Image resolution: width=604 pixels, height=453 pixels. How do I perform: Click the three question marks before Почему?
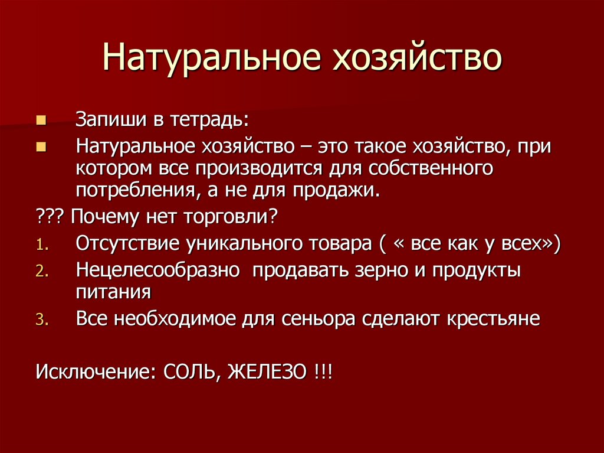pyautogui.click(x=51, y=217)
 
